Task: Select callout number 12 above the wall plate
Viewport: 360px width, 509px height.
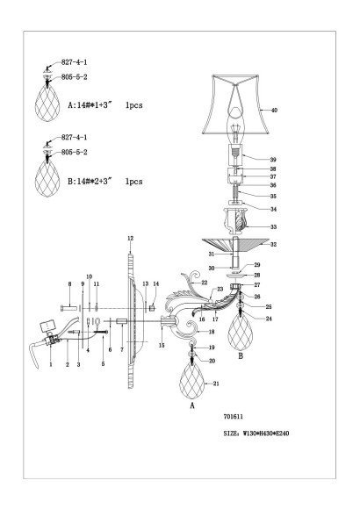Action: (129, 240)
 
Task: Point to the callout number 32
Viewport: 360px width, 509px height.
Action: (273, 246)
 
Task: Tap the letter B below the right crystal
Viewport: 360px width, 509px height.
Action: (241, 357)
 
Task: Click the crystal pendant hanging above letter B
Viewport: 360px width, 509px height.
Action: (241, 329)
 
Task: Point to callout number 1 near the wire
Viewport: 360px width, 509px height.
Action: (51, 363)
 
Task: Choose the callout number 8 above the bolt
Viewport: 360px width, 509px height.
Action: (70, 284)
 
